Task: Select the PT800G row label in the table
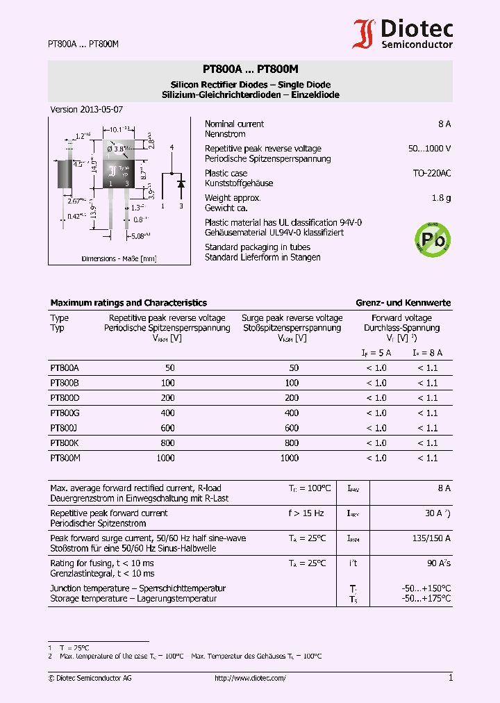[x=65, y=413]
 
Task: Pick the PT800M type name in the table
[x=66, y=458]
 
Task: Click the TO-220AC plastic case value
[x=431, y=174]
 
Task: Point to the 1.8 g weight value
[x=441, y=198]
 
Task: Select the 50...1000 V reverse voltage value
[x=429, y=149]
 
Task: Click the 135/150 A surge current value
[x=433, y=538]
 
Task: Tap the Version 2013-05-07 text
[x=87, y=110]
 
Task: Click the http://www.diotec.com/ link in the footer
[x=250, y=678]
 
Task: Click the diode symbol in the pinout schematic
[x=181, y=184]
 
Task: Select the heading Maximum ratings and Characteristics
[x=128, y=303]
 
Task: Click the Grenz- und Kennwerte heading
[x=403, y=303]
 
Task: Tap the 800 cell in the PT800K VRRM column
[x=167, y=443]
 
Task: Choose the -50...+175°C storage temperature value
[x=426, y=598]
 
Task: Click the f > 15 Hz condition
[x=306, y=513]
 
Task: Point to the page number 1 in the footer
[x=451, y=678]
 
